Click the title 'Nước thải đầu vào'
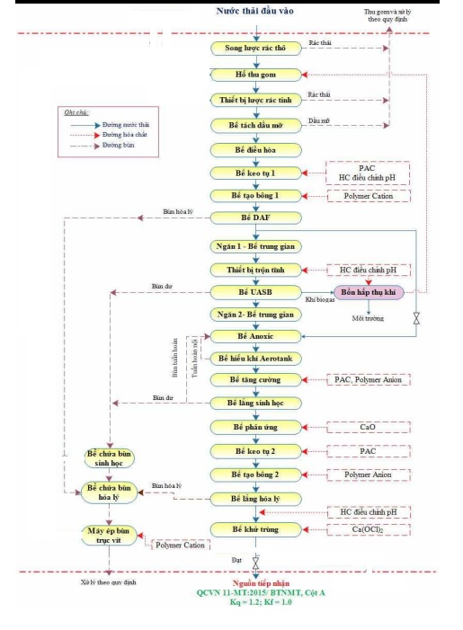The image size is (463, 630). [256, 11]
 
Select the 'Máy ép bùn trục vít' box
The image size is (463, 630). [107, 536]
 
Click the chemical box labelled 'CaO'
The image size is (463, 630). [367, 426]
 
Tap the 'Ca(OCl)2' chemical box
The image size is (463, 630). [367, 529]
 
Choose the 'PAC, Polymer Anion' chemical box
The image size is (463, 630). [367, 380]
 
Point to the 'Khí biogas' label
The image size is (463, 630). [320, 299]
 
